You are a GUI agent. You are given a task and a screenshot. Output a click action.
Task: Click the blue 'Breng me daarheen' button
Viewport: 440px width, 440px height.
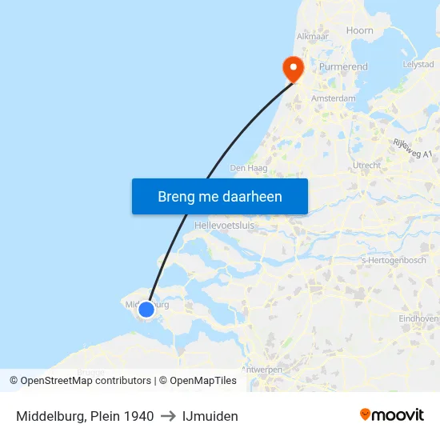click(x=219, y=196)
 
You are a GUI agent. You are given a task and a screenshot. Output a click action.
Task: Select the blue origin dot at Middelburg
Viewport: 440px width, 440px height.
click(x=146, y=309)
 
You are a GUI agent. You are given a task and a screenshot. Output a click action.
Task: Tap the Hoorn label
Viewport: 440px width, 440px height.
click(x=359, y=30)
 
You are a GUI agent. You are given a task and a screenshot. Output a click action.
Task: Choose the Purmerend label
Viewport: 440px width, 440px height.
click(x=343, y=67)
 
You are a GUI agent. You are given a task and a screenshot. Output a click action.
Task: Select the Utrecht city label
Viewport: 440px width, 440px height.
click(x=366, y=165)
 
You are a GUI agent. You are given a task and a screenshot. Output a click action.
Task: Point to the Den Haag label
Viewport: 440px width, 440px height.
click(x=248, y=168)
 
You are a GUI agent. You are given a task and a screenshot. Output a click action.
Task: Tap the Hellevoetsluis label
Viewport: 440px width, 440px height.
click(x=224, y=226)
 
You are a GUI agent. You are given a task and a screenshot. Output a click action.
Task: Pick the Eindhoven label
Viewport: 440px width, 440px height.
click(x=418, y=318)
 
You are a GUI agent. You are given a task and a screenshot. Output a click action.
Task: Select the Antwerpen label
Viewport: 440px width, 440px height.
click(x=261, y=370)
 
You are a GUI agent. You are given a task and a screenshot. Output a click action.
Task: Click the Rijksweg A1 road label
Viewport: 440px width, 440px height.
click(x=412, y=148)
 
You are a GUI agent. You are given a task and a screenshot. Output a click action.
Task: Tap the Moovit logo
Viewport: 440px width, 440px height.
click(x=392, y=415)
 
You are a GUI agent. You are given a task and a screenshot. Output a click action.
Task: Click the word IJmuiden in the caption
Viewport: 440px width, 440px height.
click(x=210, y=416)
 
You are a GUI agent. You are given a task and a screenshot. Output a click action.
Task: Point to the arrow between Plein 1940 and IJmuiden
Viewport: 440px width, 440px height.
click(x=168, y=416)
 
